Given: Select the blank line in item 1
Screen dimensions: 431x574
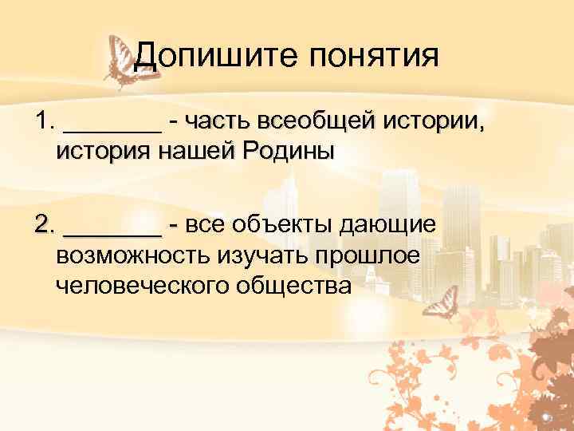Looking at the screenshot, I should tap(112, 124).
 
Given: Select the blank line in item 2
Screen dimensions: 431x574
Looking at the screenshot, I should tap(112, 227).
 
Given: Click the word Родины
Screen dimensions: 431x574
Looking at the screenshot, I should tap(286, 151).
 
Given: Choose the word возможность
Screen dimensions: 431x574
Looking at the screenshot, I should tap(129, 255).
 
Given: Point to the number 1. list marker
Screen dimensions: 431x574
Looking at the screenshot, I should tap(43, 121).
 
